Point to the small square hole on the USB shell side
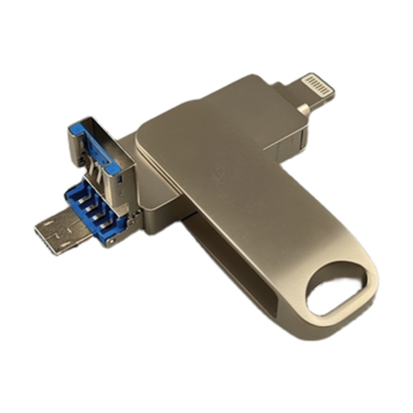tap(119, 179)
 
